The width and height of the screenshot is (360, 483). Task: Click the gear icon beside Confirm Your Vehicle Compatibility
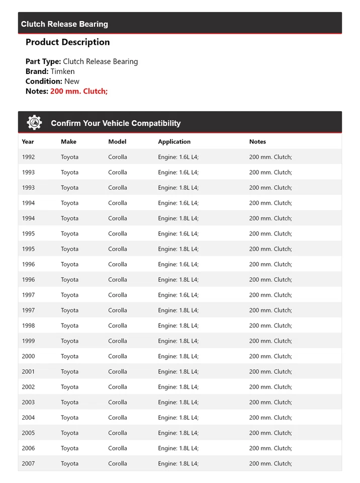pyautogui.click(x=34, y=122)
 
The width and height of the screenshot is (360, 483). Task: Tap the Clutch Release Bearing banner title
pyautogui.click(x=64, y=24)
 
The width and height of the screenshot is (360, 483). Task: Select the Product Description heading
pyautogui.click(x=67, y=42)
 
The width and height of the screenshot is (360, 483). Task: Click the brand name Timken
pyautogui.click(x=62, y=71)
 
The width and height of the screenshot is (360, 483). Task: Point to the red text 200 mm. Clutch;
pyautogui.click(x=79, y=91)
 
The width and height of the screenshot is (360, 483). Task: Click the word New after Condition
pyautogui.click(x=71, y=81)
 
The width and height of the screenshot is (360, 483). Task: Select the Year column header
pyautogui.click(x=28, y=142)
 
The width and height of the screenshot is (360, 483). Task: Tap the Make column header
pyautogui.click(x=68, y=142)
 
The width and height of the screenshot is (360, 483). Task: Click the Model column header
pyautogui.click(x=117, y=142)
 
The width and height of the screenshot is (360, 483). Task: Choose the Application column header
pyautogui.click(x=174, y=142)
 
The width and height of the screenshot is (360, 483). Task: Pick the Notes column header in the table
pyautogui.click(x=257, y=142)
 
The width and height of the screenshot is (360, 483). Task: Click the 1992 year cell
pyautogui.click(x=28, y=157)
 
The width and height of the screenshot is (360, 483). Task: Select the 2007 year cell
pyautogui.click(x=28, y=463)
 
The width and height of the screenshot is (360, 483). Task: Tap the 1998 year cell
pyautogui.click(x=28, y=326)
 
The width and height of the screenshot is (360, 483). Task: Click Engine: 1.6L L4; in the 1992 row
pyautogui.click(x=178, y=157)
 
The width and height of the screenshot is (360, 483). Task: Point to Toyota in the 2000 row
pyautogui.click(x=69, y=356)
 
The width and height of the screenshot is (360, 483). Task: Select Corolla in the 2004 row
pyautogui.click(x=117, y=418)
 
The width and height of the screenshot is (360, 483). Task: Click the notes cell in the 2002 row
pyautogui.click(x=270, y=387)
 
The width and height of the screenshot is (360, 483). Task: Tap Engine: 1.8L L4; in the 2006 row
pyautogui.click(x=178, y=448)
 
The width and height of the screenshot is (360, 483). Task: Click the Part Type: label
pyautogui.click(x=43, y=61)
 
